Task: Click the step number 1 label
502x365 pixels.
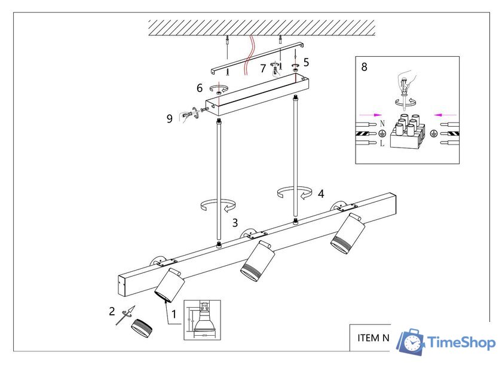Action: point(175,313)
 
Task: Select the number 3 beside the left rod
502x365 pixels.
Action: point(235,222)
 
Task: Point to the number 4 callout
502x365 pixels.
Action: point(321,193)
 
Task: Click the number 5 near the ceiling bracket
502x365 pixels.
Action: point(306,62)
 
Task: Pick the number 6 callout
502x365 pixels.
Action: point(200,87)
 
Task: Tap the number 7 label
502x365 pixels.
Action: point(263,69)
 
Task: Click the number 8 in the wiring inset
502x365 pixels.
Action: point(365,67)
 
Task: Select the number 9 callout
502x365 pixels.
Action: point(170,118)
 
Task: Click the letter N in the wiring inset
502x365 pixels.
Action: point(381,124)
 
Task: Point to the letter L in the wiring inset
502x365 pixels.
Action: point(381,144)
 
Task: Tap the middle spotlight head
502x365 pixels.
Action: point(258,261)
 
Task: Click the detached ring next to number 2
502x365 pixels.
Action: point(142,328)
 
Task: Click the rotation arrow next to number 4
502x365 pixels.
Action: point(295,192)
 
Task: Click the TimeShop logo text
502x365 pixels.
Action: point(461,343)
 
